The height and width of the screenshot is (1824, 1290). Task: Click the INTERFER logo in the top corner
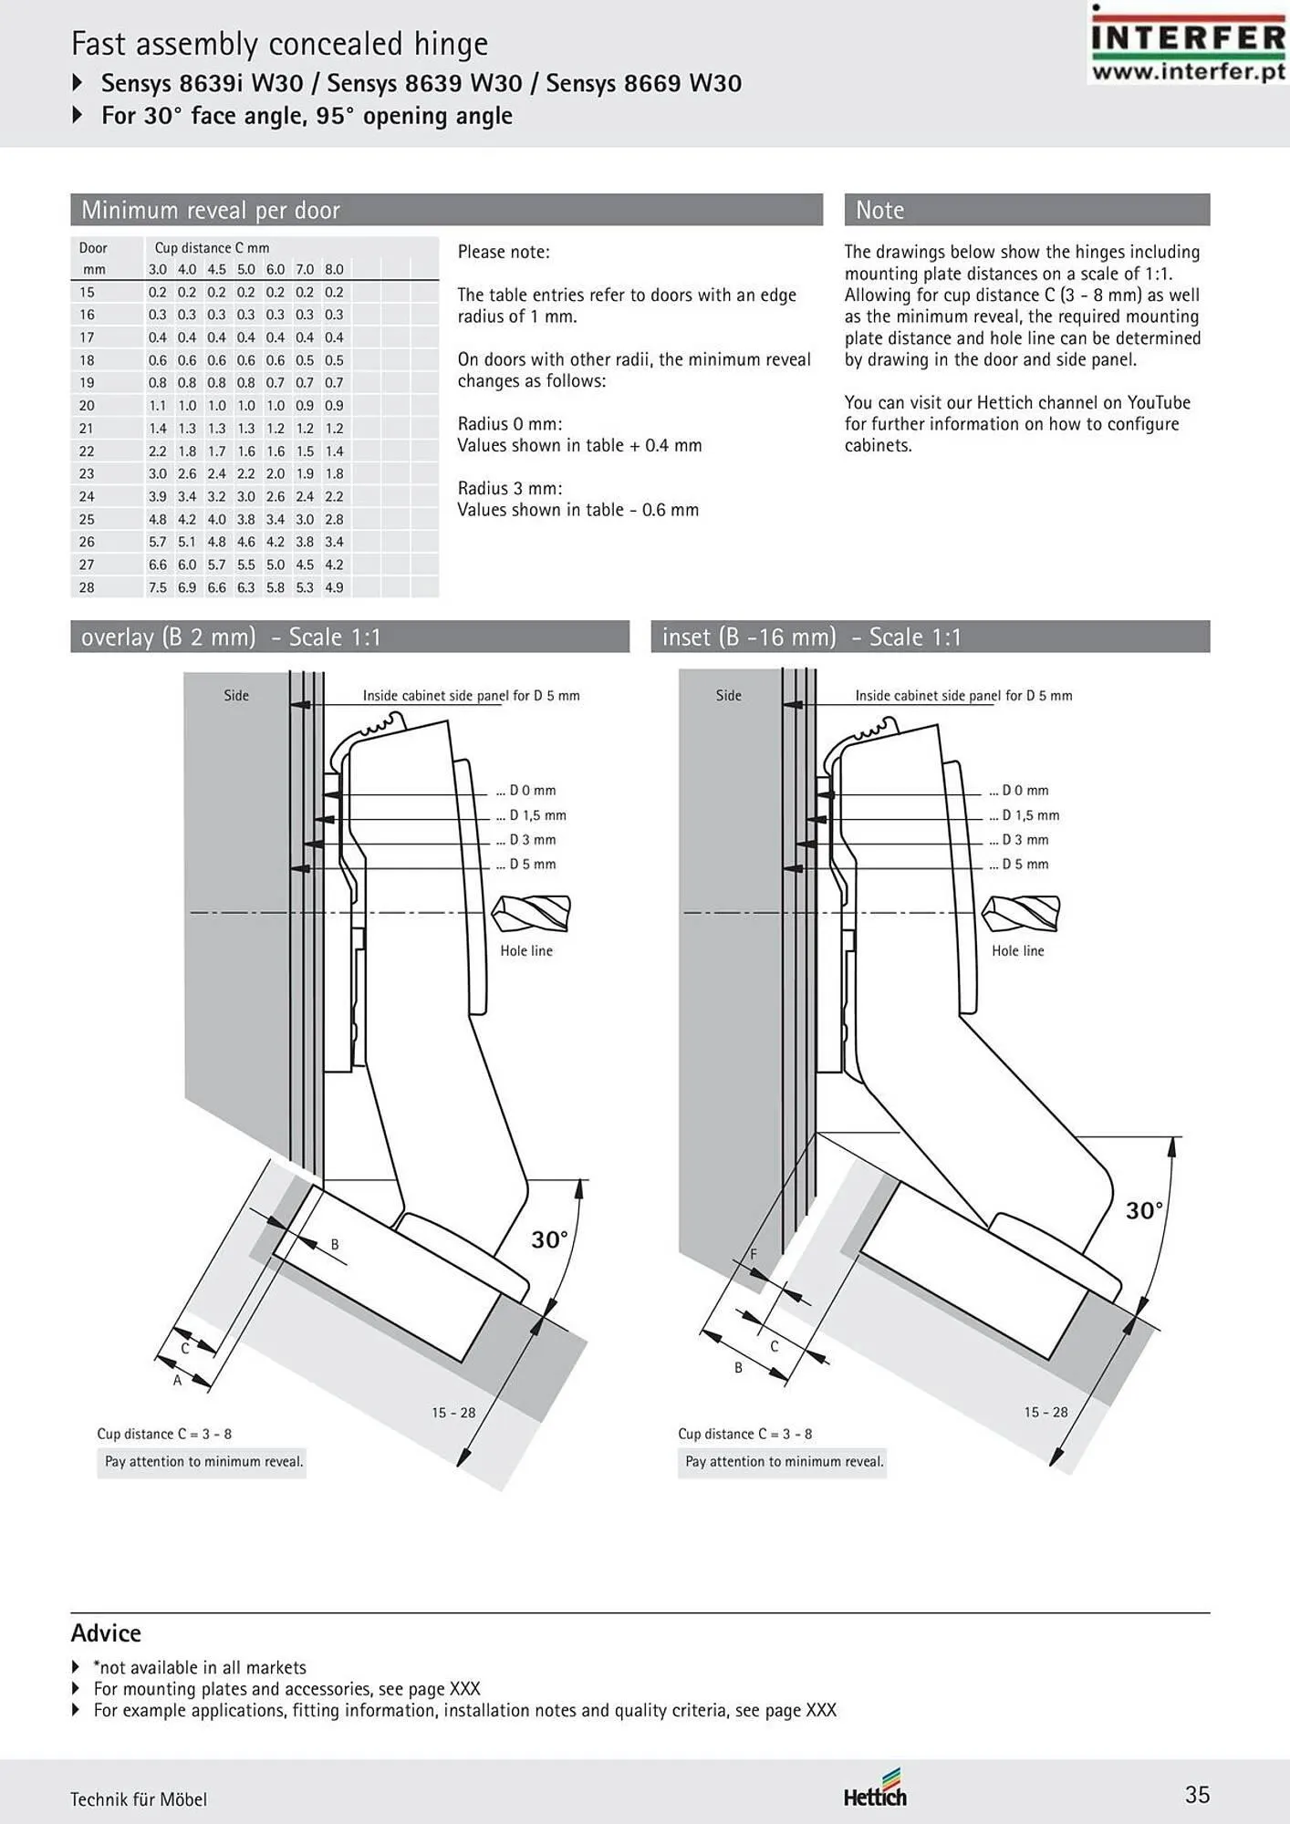tap(1188, 44)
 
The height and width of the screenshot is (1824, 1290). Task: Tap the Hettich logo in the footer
tap(875, 1788)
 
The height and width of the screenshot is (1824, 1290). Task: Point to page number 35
tap(1197, 1795)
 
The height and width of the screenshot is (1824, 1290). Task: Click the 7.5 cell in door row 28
tap(158, 587)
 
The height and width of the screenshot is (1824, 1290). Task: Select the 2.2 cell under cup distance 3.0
tap(158, 451)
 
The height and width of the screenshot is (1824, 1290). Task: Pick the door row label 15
tap(87, 292)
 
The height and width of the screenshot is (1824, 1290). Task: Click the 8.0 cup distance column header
tap(335, 269)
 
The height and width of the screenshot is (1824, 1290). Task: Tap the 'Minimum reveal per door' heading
tap(211, 210)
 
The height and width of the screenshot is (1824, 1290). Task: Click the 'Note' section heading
tap(879, 210)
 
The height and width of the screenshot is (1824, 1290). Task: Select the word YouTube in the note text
tap(1159, 402)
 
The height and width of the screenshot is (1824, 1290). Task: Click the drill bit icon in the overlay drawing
tap(531, 913)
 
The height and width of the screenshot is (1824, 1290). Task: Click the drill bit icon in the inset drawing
tap(1022, 913)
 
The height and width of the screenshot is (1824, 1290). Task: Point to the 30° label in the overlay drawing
tap(550, 1239)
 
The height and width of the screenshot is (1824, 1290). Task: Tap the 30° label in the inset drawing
tap(1144, 1210)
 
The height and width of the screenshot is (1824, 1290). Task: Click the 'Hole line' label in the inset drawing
tap(1018, 950)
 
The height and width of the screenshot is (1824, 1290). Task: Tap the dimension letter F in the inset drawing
tap(754, 1254)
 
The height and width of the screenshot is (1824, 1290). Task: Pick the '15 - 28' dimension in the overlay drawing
tap(453, 1413)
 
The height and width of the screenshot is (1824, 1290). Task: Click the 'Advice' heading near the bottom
tap(106, 1632)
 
